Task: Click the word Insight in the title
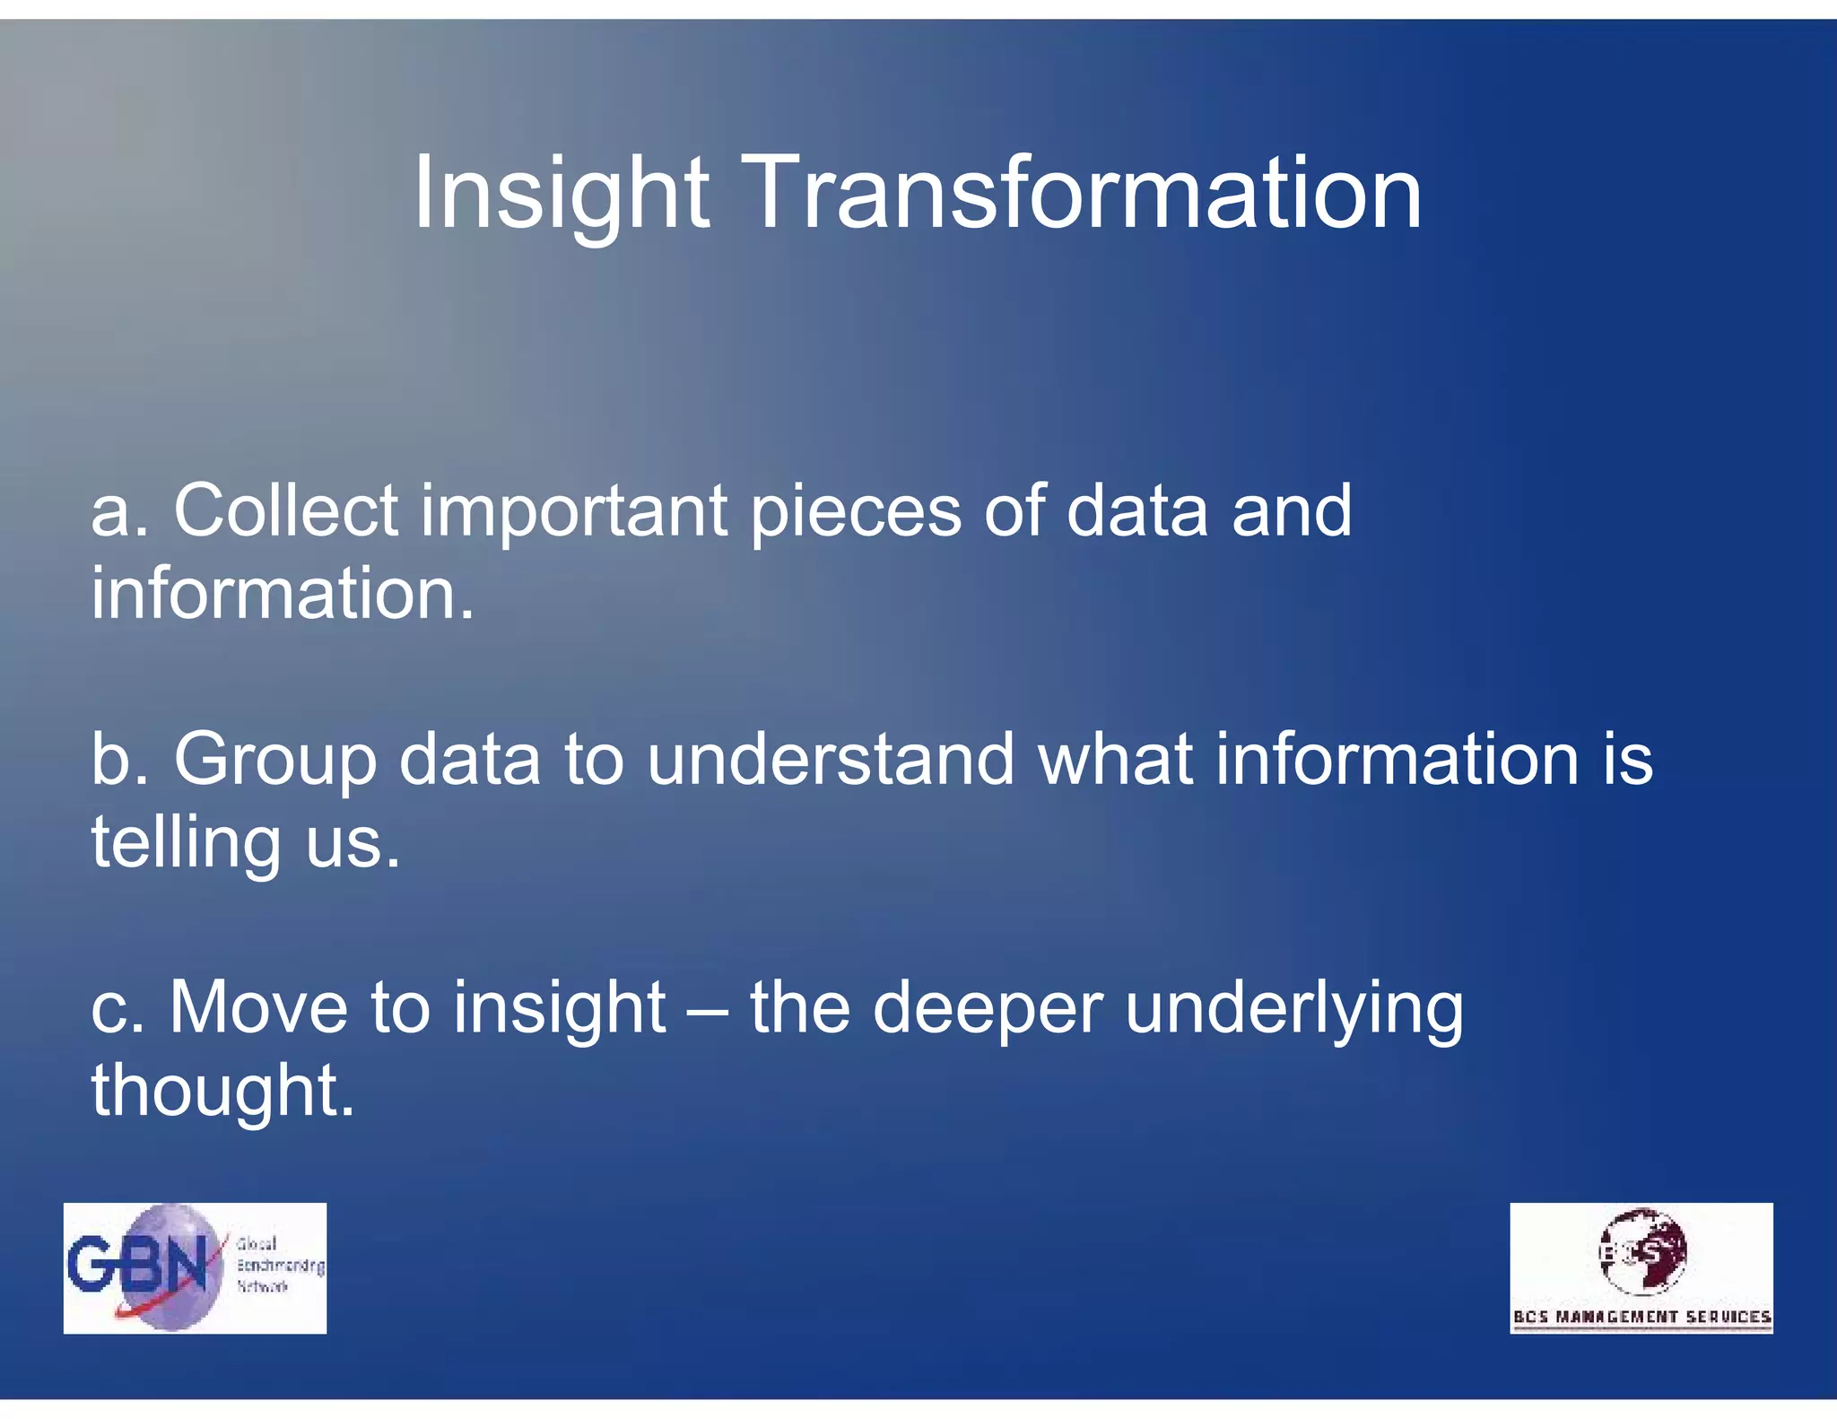561,193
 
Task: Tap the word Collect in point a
285,510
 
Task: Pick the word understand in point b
830,760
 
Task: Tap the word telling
186,843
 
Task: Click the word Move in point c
258,1007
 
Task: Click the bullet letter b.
109,760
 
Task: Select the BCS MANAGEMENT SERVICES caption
1641,1317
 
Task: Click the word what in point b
1115,760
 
